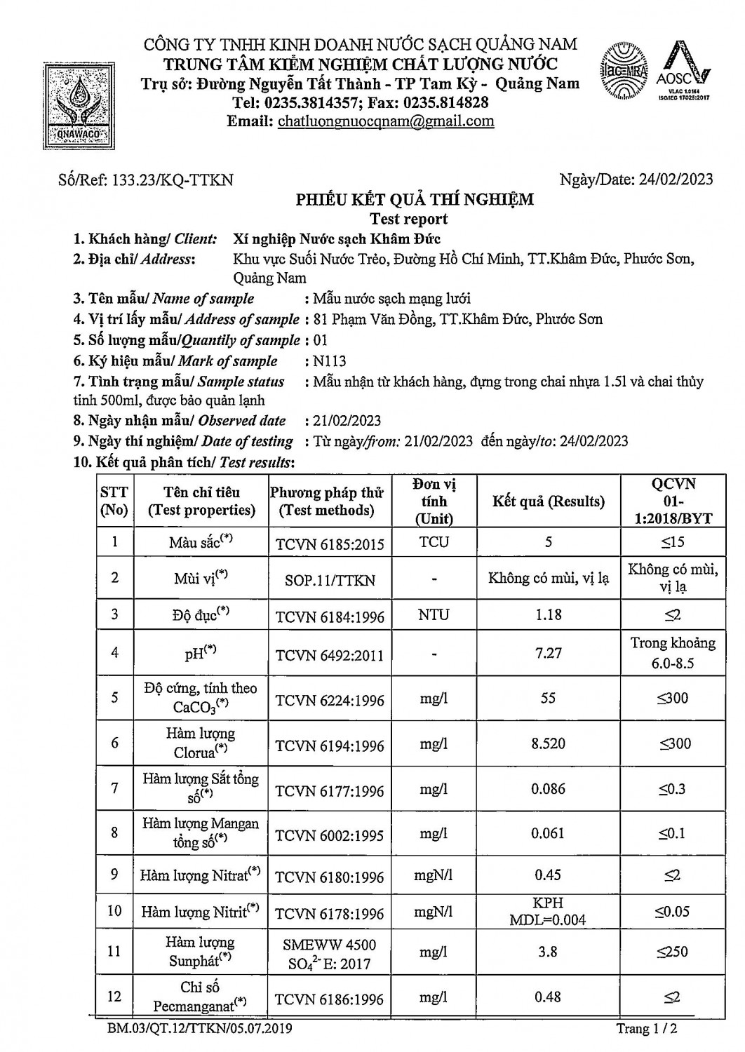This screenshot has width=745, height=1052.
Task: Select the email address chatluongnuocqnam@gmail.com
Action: (x=386, y=121)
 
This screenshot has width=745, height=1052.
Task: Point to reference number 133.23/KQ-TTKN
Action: (x=147, y=180)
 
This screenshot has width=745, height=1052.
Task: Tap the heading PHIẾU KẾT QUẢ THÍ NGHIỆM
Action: (x=415, y=200)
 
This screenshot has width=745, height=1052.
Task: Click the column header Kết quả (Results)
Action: (x=549, y=501)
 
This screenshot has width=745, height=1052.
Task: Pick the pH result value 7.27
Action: (x=548, y=652)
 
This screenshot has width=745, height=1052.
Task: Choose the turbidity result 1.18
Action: (x=548, y=614)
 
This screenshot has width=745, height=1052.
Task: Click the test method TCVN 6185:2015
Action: (x=330, y=542)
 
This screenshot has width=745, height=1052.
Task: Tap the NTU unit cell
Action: (x=434, y=614)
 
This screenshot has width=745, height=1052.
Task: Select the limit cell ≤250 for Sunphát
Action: (x=672, y=952)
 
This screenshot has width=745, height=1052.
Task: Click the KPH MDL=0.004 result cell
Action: (x=548, y=911)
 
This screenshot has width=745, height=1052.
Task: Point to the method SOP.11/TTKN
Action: (x=330, y=580)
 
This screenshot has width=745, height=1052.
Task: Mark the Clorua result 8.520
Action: (x=548, y=743)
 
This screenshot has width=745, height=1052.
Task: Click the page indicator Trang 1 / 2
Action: (x=646, y=1029)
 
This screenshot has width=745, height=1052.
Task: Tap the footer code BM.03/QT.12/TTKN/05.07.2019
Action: (x=200, y=1029)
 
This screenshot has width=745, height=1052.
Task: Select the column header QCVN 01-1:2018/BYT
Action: (x=673, y=501)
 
